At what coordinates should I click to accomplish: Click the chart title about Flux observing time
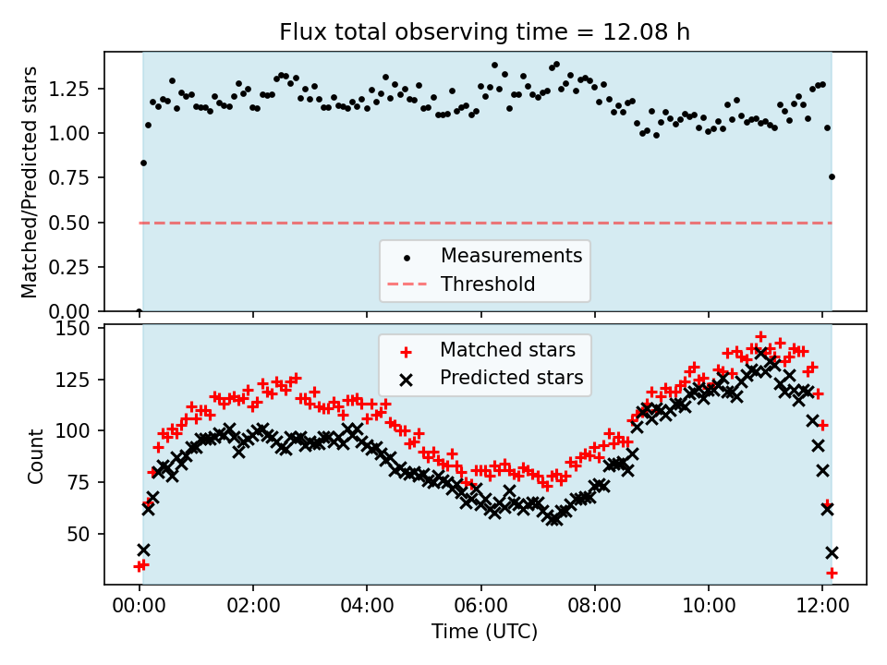pyautogui.click(x=485, y=32)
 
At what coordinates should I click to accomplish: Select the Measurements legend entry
pyautogui.click(x=511, y=256)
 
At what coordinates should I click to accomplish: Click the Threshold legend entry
pyautogui.click(x=488, y=284)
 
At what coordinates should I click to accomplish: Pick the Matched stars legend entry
pyautogui.click(x=507, y=350)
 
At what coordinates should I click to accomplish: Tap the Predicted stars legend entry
pyautogui.click(x=511, y=378)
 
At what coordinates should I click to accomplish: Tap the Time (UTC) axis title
pyautogui.click(x=484, y=632)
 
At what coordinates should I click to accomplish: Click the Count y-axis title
pyautogui.click(x=36, y=455)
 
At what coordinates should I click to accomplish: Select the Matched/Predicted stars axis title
pyautogui.click(x=30, y=182)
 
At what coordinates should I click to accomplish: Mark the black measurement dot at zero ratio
pyautogui.click(x=139, y=311)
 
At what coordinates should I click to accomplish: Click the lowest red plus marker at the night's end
pyautogui.click(x=832, y=573)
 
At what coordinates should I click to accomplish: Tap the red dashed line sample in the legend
pyautogui.click(x=409, y=284)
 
